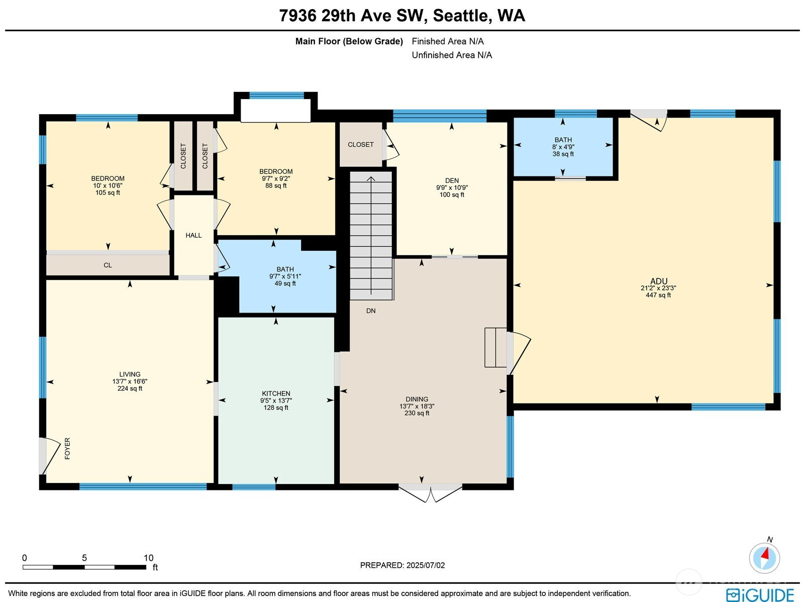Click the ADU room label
coord(658,281)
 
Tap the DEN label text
coord(451,180)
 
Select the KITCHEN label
coord(276,393)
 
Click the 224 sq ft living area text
coord(130,388)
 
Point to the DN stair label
coord(371,311)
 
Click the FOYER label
coord(67,448)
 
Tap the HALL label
coord(193,235)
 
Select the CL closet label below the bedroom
coord(108,265)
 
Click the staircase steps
coord(371,236)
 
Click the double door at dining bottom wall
coord(430,492)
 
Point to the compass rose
coord(764,558)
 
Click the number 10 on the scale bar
coord(148,558)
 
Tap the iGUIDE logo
coord(760,594)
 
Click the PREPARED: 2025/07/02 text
coord(402,565)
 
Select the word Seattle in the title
coord(460,16)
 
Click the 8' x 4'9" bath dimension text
coord(563,147)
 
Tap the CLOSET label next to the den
coord(360,145)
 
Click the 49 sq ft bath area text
coord(285,283)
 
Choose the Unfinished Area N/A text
coord(452,55)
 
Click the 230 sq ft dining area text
coord(417,413)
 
